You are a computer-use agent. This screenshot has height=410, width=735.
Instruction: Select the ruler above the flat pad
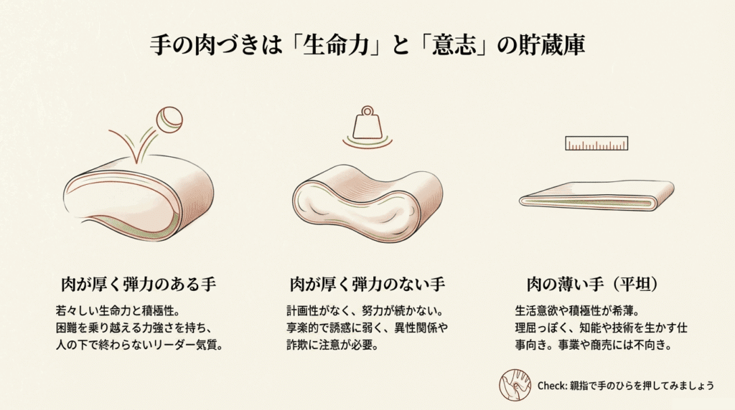(x=596, y=143)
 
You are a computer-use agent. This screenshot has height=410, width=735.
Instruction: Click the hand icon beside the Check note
(x=515, y=385)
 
